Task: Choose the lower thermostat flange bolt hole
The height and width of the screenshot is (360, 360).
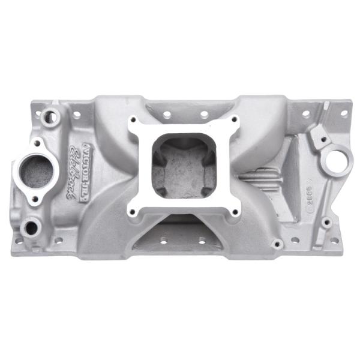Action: point(35,199)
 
